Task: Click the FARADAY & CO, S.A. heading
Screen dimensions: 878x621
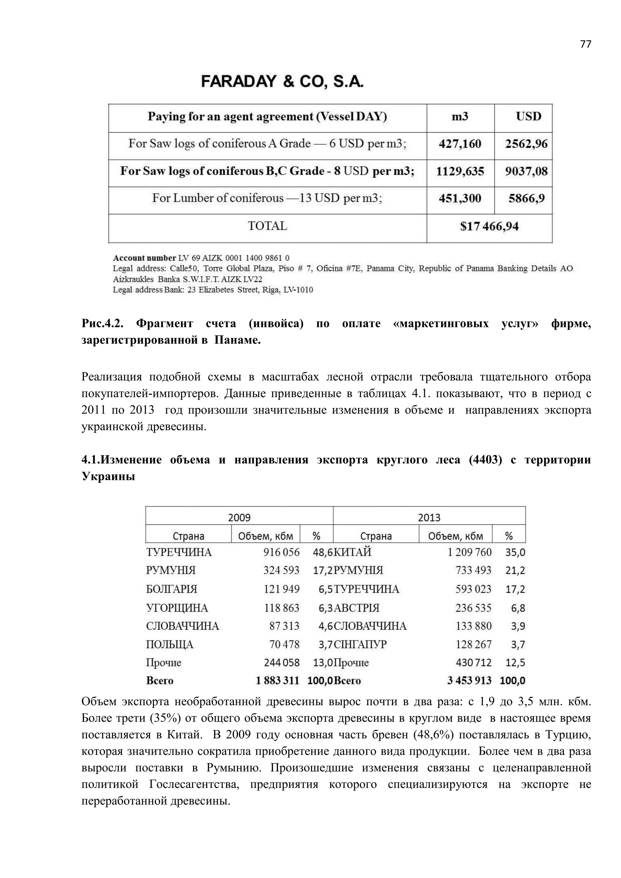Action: tap(282, 82)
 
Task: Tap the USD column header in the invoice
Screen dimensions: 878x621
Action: tap(529, 116)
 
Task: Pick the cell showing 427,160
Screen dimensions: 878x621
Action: tap(460, 144)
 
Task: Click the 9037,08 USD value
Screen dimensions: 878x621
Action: tap(526, 171)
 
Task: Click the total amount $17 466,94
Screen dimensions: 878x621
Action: tap(489, 226)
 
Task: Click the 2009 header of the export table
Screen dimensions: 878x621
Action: tap(239, 518)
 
